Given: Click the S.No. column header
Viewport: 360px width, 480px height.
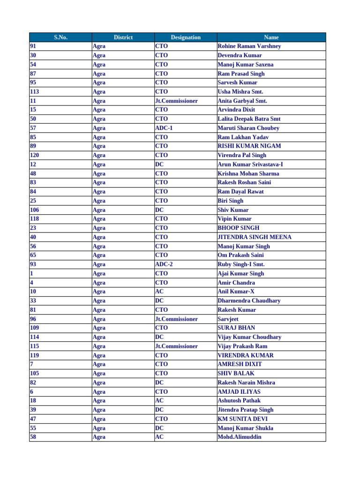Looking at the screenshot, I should click(60, 37).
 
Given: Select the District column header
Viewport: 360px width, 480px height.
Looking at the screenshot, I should click(123, 37).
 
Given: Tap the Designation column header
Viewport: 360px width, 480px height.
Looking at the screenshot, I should click(186, 37).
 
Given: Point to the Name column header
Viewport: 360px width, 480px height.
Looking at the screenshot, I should click(271, 37).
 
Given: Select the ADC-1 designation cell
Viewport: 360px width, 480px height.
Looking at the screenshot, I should click(164, 128).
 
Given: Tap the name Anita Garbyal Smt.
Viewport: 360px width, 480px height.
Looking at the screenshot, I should click(242, 101).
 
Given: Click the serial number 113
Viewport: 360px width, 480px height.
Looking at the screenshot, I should click(35, 92).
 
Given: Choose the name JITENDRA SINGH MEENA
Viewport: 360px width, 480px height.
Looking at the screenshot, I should click(255, 237).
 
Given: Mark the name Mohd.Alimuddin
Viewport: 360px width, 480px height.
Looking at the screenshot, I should click(240, 437).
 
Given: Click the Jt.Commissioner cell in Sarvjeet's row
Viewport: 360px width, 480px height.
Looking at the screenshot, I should click(176, 319).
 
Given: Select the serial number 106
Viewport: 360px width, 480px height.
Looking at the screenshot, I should click(35, 210).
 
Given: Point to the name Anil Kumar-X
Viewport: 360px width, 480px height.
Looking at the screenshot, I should click(236, 292).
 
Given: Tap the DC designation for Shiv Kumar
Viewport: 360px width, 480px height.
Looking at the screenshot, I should click(159, 210).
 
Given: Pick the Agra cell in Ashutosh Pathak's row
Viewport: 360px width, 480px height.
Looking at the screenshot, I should click(99, 401).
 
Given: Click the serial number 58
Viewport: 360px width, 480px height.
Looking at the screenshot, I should click(33, 437).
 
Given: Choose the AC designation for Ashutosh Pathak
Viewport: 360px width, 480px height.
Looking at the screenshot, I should click(159, 401).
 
